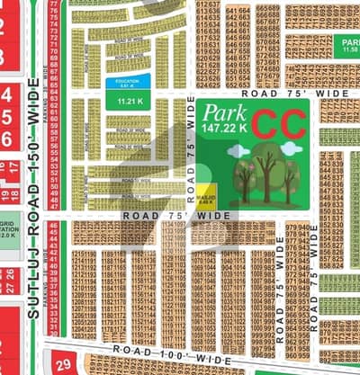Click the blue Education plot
121,84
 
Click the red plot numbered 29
63,365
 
